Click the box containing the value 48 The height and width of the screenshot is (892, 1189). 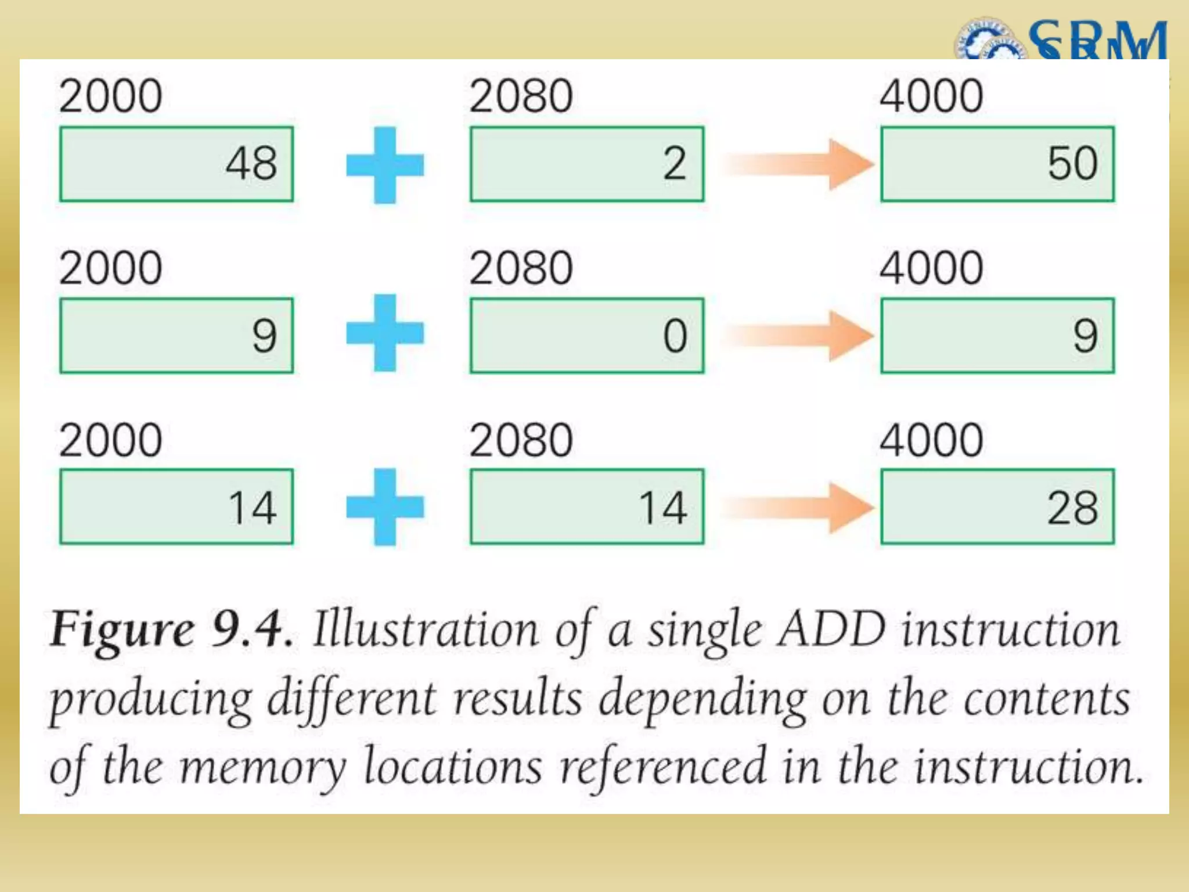[176, 164]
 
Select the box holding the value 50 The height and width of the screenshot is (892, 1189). [997, 164]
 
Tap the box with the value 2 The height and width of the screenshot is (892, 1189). [587, 164]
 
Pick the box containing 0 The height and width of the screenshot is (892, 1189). [587, 335]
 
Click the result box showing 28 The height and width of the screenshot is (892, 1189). [997, 506]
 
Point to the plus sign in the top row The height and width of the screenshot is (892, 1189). [385, 165]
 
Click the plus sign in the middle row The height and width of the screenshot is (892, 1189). [385, 333]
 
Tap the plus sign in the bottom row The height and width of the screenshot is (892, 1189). [385, 506]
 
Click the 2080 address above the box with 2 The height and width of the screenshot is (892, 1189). [521, 96]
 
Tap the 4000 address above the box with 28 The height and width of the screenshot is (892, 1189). [931, 440]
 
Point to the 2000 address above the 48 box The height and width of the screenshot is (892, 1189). [110, 96]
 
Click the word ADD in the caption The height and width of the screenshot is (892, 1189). [832, 630]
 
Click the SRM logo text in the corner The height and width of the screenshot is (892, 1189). [1097, 41]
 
